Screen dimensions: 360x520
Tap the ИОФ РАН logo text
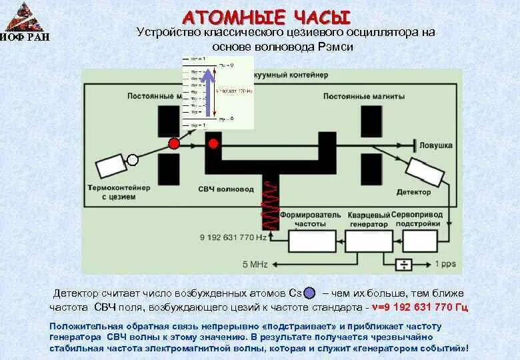25,37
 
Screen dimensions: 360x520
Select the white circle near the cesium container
133,159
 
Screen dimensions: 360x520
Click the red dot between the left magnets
174,143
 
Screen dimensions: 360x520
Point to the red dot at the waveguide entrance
213,143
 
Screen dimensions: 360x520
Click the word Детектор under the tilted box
413,192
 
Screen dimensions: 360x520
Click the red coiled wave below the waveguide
270,203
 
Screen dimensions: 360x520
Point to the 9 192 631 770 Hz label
233,237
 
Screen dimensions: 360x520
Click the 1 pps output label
445,264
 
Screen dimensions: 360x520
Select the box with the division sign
403,265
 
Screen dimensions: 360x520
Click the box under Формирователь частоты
312,240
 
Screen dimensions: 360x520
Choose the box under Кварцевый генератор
369,240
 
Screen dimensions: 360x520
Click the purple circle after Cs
309,293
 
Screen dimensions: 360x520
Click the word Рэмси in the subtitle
333,47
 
